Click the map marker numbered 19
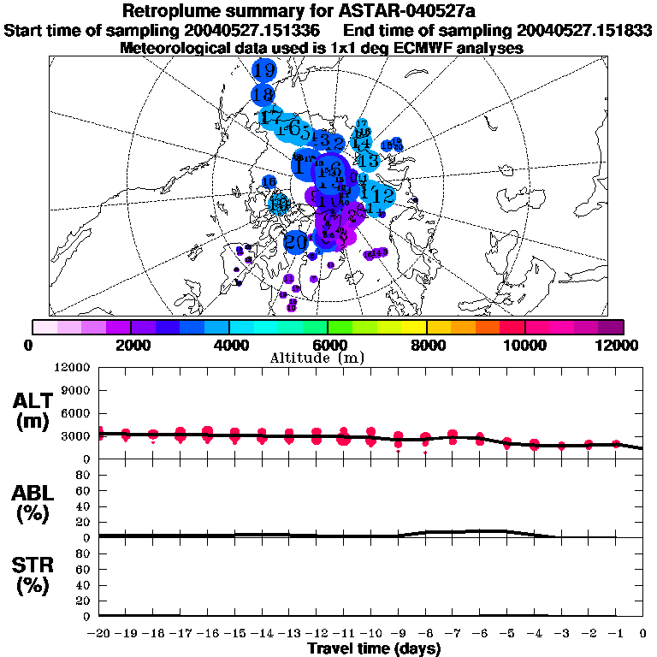[264, 70]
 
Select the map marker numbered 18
[263, 94]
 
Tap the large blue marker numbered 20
[295, 242]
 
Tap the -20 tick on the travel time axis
[99, 633]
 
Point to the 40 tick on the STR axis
[86, 584]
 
